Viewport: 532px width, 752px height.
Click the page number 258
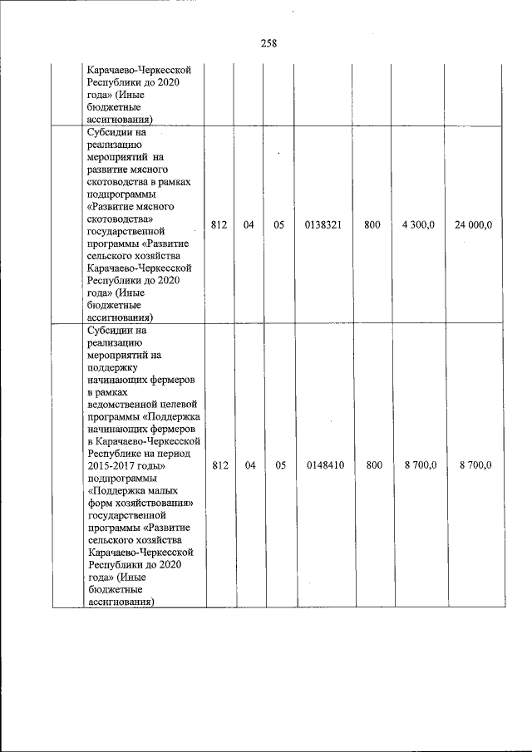coord(268,44)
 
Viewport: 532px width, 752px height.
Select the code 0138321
coord(324,224)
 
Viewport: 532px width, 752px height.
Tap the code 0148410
coord(324,465)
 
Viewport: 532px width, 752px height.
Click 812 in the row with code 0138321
coord(219,224)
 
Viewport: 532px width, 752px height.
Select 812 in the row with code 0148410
coord(219,465)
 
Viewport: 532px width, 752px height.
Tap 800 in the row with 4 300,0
coord(372,224)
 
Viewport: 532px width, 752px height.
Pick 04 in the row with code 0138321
coord(249,224)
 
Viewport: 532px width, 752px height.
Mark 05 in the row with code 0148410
coord(279,465)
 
